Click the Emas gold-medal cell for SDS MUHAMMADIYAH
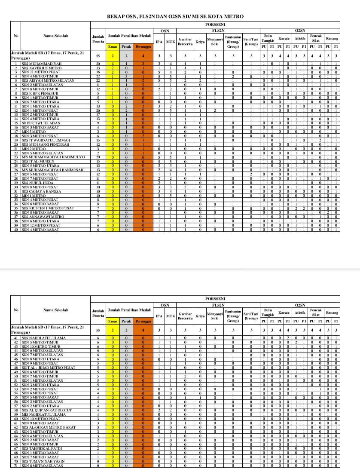(x=113, y=64)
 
